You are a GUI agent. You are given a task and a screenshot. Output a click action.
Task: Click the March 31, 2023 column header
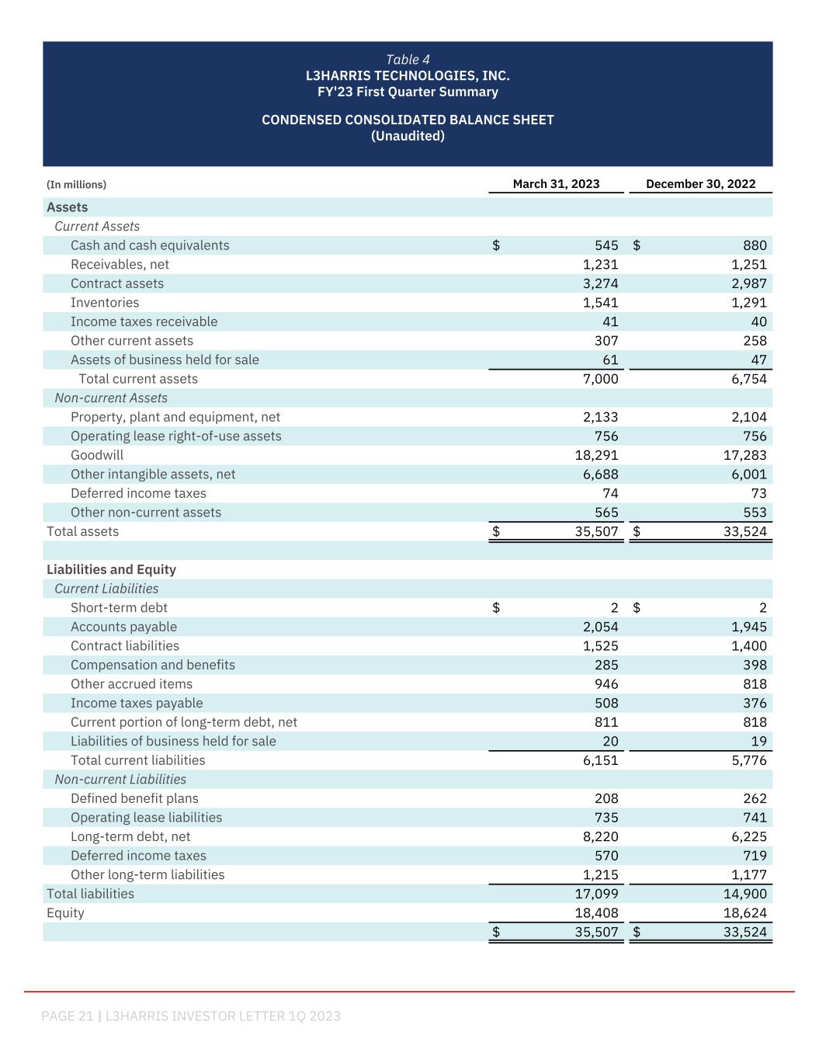click(556, 184)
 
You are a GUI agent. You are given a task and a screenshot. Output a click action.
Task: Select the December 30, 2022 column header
click(700, 184)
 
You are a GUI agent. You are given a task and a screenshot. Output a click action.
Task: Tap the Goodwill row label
click(97, 455)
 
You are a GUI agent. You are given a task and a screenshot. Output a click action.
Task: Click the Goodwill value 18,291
click(596, 455)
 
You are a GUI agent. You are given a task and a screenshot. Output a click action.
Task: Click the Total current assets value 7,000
click(600, 379)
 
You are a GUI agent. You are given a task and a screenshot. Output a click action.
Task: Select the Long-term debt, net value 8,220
click(600, 836)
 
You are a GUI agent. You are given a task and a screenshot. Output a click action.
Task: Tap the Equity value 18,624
click(744, 913)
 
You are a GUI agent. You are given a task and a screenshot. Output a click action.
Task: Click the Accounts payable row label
click(123, 627)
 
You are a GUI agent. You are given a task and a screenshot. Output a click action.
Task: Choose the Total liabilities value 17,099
click(596, 894)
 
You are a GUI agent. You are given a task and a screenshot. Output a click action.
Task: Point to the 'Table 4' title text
click(408, 60)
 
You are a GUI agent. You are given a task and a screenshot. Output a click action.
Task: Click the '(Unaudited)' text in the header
click(408, 136)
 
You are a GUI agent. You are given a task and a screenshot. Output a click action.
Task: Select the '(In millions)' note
click(76, 185)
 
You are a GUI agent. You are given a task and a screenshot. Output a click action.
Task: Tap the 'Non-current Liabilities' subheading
click(120, 779)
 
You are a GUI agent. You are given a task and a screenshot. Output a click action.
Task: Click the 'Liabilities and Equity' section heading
click(111, 569)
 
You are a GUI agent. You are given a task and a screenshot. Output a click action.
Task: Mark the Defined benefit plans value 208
click(606, 798)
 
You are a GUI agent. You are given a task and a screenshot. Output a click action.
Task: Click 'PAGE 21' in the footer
click(68, 1016)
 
